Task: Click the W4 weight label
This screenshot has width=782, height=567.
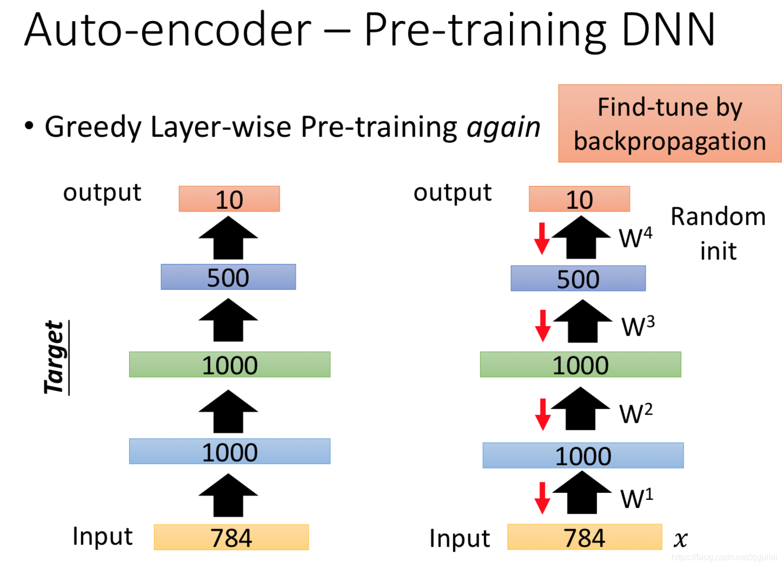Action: point(635,238)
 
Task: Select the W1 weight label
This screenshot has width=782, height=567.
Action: point(637,498)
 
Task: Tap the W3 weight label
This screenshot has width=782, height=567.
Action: point(638,326)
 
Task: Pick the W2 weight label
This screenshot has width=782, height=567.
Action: point(636,414)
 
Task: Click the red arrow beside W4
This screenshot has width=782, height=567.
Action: point(542,238)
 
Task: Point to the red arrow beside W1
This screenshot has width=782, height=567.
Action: point(542,498)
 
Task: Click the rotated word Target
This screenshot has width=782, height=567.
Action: point(55,358)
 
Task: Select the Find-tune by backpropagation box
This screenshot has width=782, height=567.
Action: point(670,124)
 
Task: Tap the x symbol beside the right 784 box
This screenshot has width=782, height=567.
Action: point(680,539)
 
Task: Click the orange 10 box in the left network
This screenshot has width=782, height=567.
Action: point(229,199)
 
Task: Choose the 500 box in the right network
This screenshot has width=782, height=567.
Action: point(578,279)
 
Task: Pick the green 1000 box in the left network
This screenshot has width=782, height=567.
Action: point(229,365)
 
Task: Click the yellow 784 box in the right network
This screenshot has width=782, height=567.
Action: point(584,537)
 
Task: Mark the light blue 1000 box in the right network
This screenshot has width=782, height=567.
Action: point(583,456)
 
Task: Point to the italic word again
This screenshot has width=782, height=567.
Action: point(503,128)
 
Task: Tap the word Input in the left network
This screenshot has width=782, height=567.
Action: point(102,537)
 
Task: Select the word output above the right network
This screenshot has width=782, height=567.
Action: point(453,193)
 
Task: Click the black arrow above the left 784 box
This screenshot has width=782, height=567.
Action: point(228,496)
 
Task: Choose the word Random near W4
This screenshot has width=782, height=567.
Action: point(718,217)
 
